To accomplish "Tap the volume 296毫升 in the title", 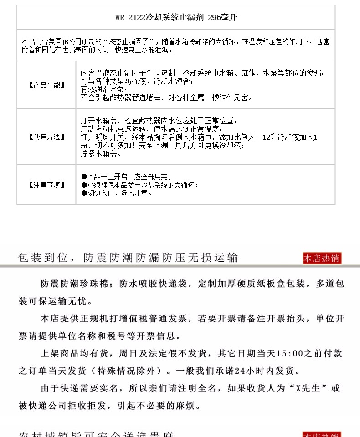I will click(x=222, y=18).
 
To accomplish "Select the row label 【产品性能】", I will click(x=46, y=85).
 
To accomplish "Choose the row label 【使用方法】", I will click(x=46, y=137).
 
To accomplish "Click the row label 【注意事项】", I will click(x=46, y=185).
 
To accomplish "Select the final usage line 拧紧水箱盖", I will click(x=101, y=154).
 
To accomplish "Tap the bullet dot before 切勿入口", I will click(x=84, y=193).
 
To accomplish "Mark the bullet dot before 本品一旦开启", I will click(x=84, y=177).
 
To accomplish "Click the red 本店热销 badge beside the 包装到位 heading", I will click(x=322, y=258).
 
